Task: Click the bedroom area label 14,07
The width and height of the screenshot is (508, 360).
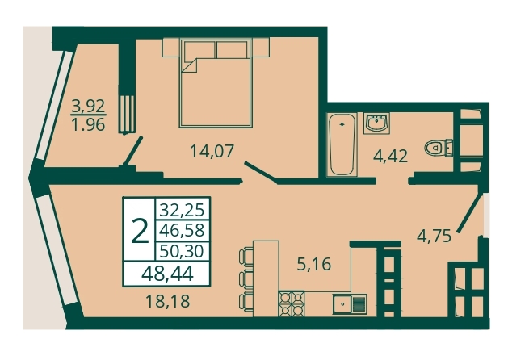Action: coord(212,151)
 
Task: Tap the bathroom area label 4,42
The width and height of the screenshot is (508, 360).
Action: coord(390,157)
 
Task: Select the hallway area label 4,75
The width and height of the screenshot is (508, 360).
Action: coord(434,236)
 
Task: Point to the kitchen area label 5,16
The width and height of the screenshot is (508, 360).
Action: coord(314,264)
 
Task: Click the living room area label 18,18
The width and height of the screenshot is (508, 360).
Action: coord(168,302)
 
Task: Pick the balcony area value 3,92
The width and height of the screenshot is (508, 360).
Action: coord(89,106)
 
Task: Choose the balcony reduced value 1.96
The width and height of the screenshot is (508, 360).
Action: coord(89,124)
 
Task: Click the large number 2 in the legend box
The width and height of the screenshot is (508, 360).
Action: coord(140,232)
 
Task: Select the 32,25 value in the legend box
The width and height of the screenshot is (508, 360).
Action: coord(183,210)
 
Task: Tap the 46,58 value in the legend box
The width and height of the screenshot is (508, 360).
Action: coord(183,230)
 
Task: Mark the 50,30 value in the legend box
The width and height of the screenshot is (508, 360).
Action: coord(183,251)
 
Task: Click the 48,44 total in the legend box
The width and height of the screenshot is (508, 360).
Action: coord(167,274)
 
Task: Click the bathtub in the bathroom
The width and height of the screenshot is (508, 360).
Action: coord(342,144)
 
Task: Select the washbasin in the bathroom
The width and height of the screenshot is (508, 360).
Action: coord(377,123)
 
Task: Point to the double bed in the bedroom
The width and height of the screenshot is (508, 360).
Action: coord(216,82)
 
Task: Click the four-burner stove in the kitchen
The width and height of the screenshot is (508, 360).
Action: coord(292,303)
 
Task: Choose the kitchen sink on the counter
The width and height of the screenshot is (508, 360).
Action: coord(350,304)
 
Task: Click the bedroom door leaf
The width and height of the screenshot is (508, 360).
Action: coord(260,170)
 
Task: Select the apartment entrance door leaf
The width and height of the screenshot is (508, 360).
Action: coord(469,211)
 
